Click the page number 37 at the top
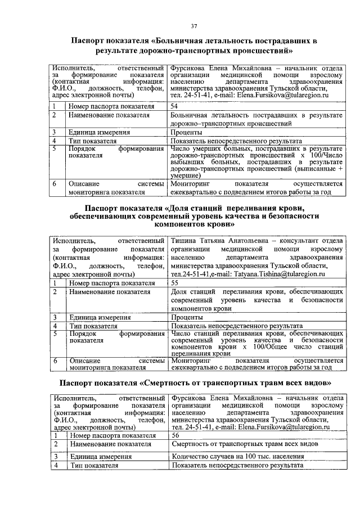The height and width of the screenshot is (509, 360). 193,26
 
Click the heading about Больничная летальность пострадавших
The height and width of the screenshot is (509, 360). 194,46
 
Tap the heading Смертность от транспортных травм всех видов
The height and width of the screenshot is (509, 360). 194,383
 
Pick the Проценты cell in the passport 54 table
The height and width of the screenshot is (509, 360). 185,132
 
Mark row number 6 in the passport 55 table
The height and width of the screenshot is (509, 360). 55,361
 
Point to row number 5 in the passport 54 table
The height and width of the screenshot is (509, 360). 55,149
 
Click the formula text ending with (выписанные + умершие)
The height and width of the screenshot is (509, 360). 256,163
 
